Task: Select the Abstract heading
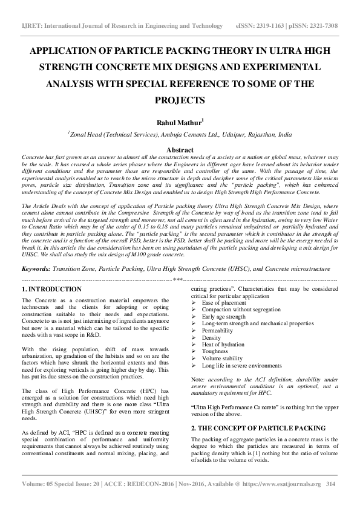pos(180,150)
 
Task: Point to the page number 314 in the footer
pos(330,501)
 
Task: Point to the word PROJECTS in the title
pos(180,99)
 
